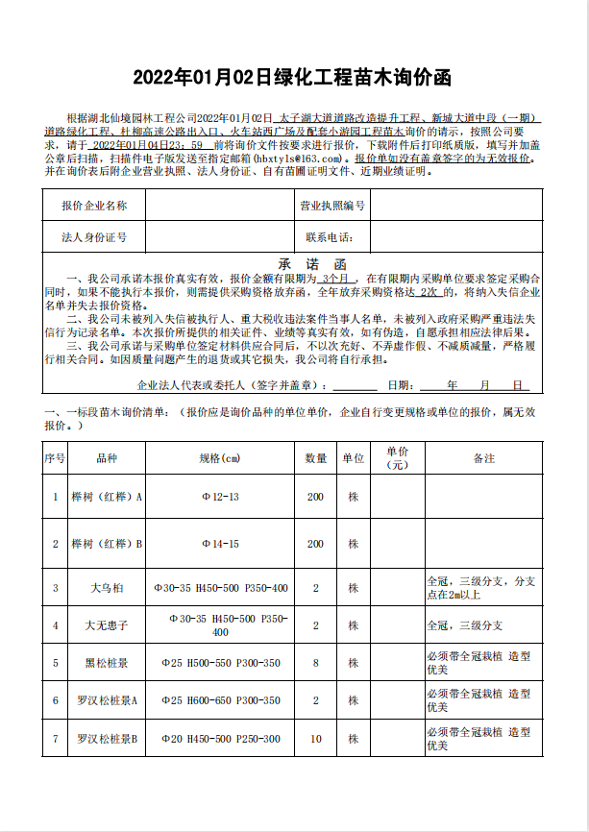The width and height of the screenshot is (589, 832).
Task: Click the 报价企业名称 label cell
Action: tap(93, 206)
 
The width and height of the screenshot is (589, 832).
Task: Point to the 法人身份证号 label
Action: tap(93, 236)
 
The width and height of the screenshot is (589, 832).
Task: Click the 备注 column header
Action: tap(483, 458)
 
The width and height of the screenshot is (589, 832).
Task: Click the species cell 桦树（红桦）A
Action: tap(107, 497)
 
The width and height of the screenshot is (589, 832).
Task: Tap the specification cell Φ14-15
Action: tap(220, 544)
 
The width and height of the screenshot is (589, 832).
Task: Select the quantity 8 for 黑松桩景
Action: tap(316, 663)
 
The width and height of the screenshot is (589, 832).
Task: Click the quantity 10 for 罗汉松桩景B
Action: tap(316, 739)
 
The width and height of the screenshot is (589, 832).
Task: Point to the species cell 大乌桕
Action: tap(107, 587)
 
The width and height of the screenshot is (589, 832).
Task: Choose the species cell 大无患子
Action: tap(107, 625)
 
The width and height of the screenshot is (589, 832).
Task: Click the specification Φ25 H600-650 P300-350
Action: tap(220, 700)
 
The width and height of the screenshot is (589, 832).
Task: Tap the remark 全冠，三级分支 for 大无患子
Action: tap(464, 625)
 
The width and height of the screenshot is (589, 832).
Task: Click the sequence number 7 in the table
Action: tap(55, 739)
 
